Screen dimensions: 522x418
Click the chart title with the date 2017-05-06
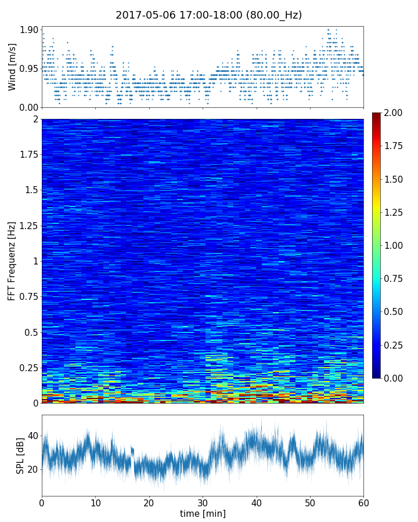click(209, 15)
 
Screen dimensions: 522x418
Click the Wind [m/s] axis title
click(12, 69)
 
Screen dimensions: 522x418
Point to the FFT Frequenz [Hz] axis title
click(12, 261)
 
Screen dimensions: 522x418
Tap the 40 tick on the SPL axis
click(33, 436)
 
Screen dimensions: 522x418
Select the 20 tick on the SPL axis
click(33, 469)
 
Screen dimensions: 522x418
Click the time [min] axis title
click(203, 513)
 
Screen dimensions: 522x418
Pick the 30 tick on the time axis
click(203, 502)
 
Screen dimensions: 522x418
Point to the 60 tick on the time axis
click(363, 502)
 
